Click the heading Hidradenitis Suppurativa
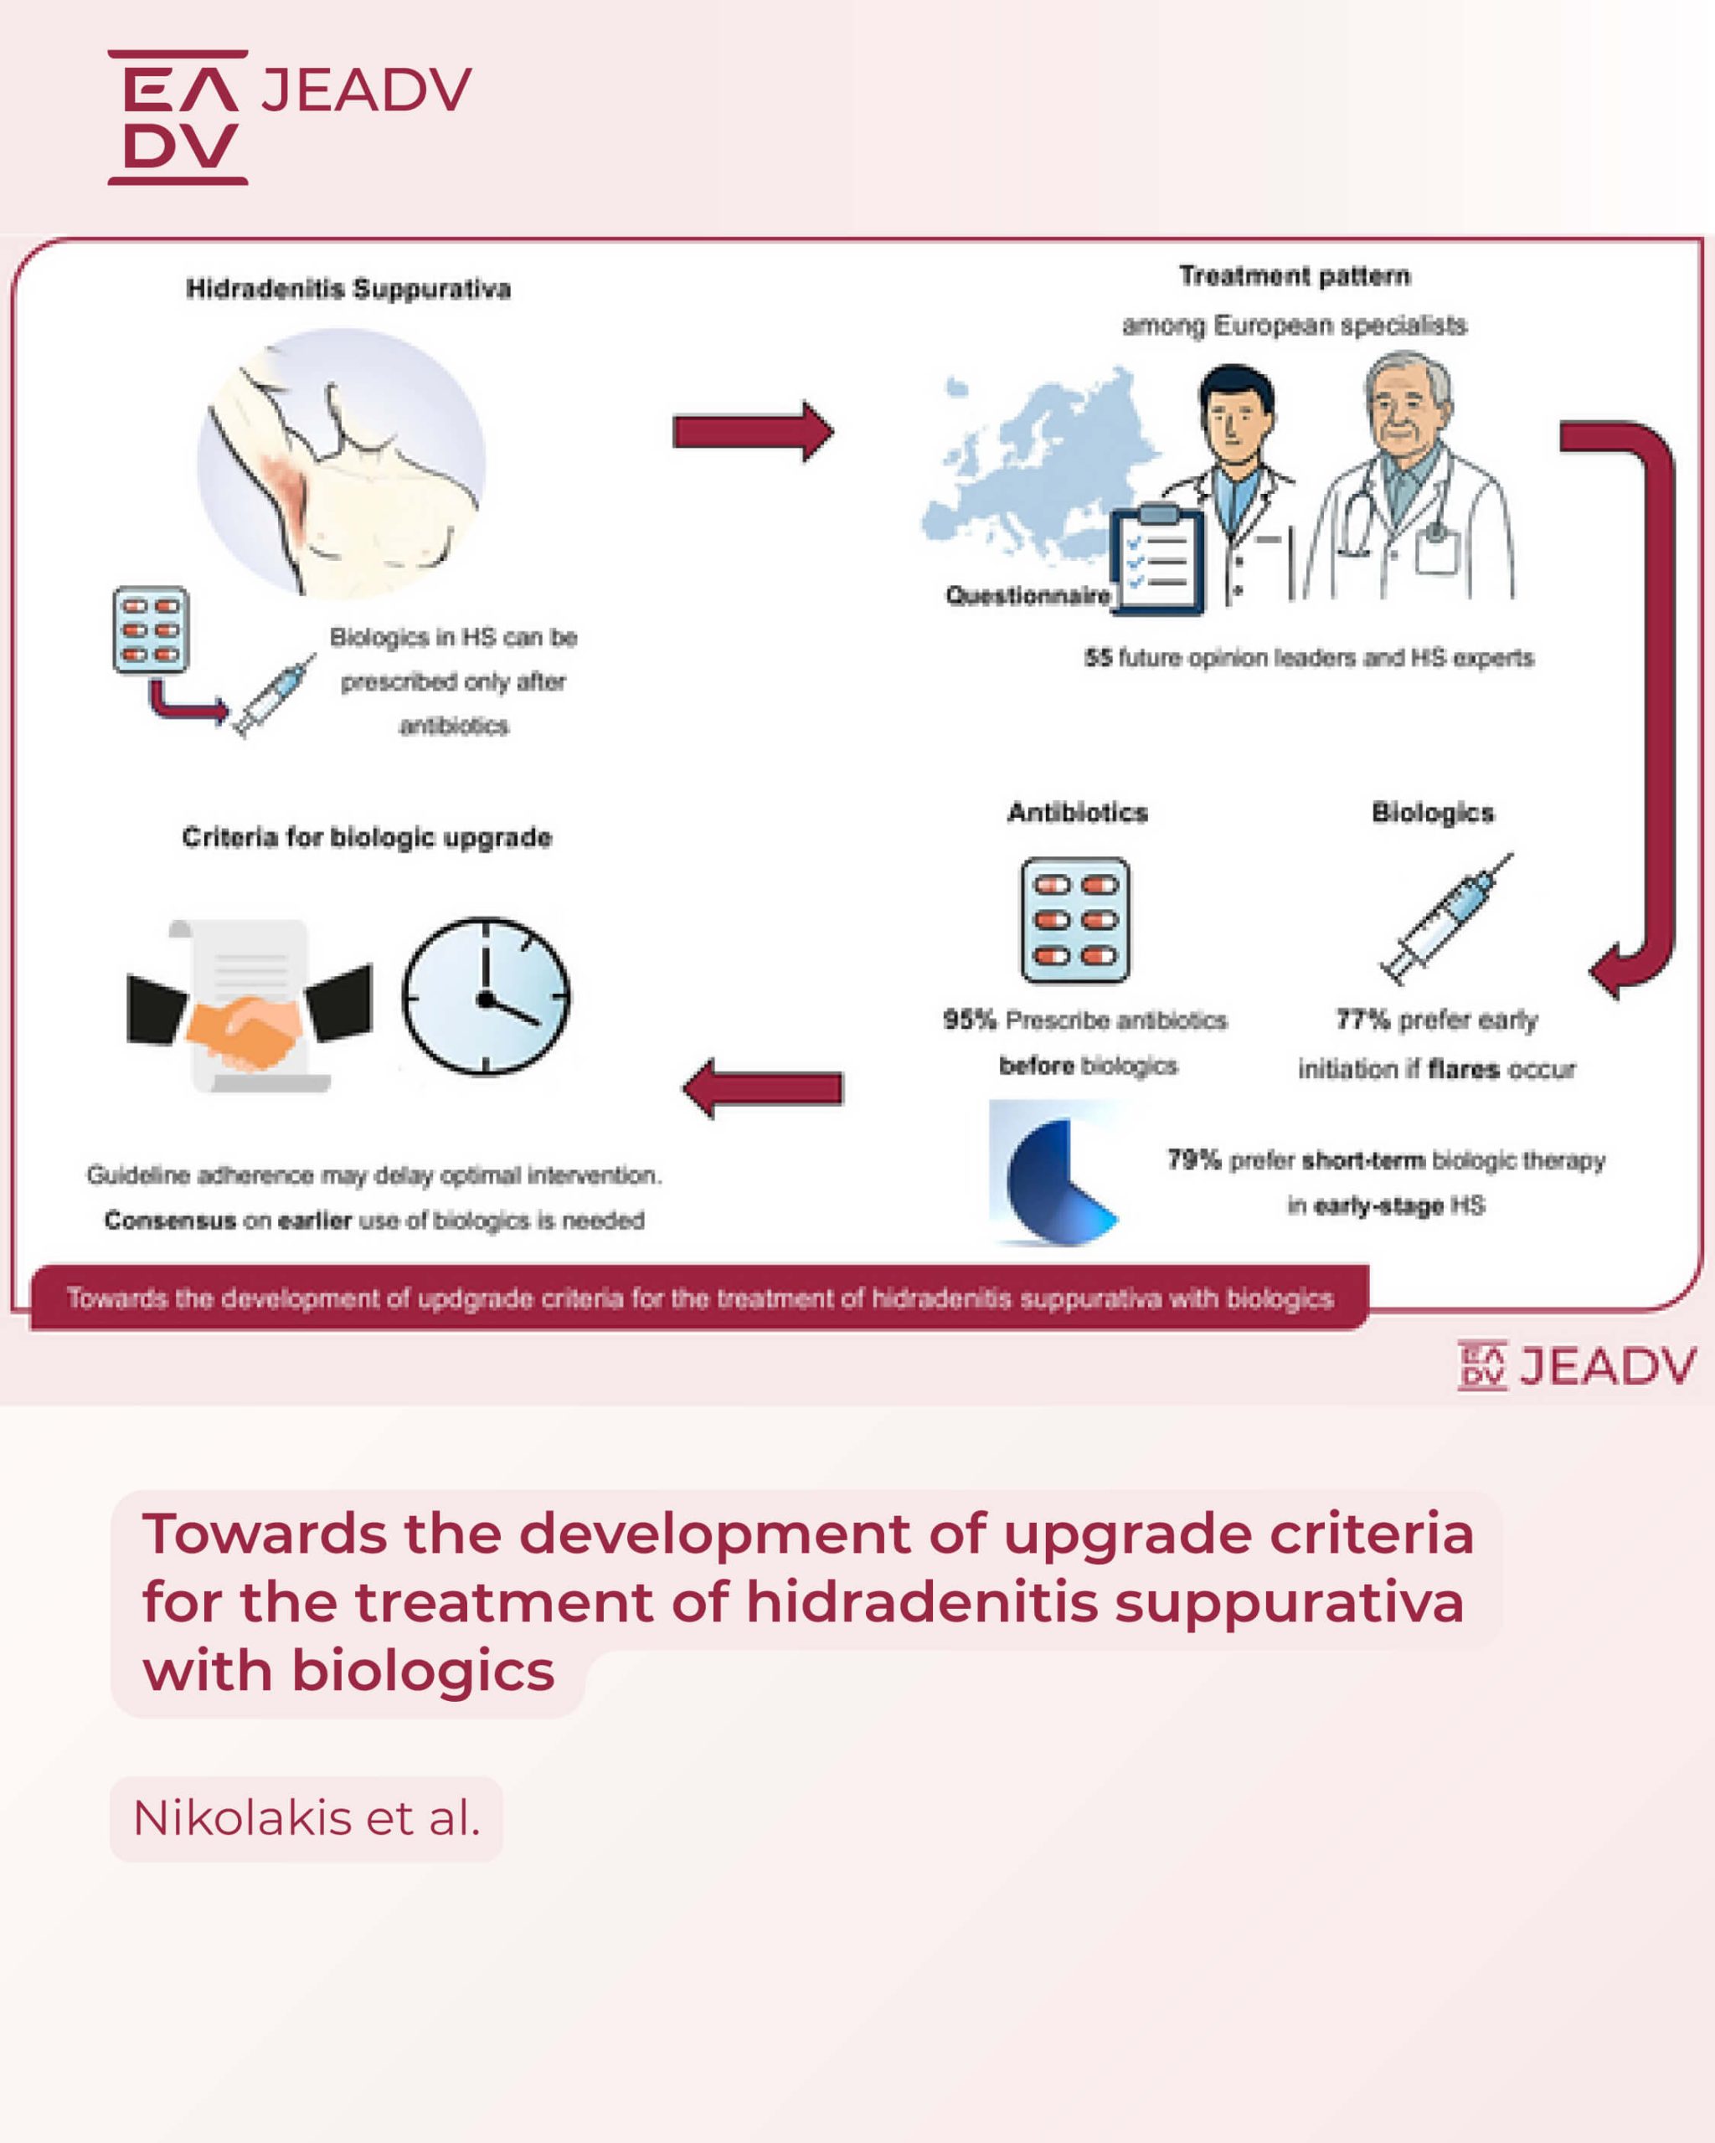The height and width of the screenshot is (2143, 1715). click(348, 290)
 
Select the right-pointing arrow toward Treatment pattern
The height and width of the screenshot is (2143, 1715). click(754, 431)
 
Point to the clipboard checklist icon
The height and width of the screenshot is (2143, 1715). click(1156, 558)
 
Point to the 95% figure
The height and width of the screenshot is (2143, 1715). click(970, 1020)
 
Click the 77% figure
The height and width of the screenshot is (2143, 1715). click(1362, 1019)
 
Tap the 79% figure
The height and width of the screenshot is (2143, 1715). click(1193, 1160)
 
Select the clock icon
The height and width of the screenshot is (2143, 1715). click(487, 996)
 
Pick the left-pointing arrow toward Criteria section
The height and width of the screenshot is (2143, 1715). click(763, 1088)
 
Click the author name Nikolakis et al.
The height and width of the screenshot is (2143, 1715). click(306, 1818)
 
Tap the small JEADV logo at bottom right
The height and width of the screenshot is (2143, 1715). click(1577, 1364)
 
